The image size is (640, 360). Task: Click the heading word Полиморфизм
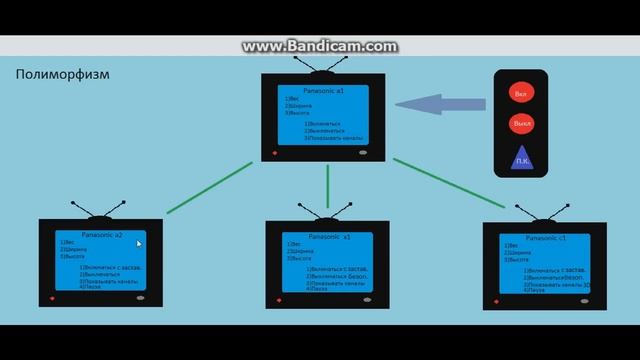pyautogui.click(x=63, y=76)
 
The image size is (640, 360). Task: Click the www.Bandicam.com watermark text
pyautogui.click(x=320, y=46)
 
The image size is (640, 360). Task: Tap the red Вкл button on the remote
pyautogui.click(x=520, y=94)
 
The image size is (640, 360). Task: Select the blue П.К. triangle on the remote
pyautogui.click(x=522, y=157)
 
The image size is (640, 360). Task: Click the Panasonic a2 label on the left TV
pyautogui.click(x=102, y=235)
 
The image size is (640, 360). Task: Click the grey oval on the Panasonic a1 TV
pyautogui.click(x=362, y=154)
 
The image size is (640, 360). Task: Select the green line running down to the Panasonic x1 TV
pyautogui.click(x=327, y=188)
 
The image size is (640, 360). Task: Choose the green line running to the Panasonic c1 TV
pyautogui.click(x=450, y=184)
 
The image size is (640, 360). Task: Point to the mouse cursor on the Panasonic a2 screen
pyautogui.click(x=139, y=243)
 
